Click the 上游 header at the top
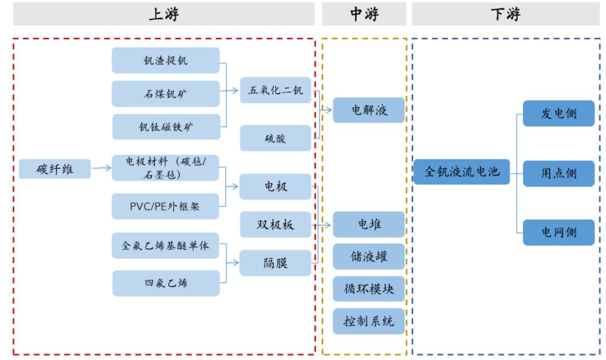164,14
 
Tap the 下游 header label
505,14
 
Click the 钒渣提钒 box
166,61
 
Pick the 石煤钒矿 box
166,94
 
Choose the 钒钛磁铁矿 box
166,127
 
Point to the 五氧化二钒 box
275,90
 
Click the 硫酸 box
275,138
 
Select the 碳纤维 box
54,169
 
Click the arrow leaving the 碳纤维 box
101,168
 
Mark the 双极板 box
275,225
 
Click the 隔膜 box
275,263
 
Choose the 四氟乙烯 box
166,283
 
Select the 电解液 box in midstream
369,110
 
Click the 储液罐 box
369,257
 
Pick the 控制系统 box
369,321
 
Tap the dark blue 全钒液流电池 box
462,171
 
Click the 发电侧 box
559,114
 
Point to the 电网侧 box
559,232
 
